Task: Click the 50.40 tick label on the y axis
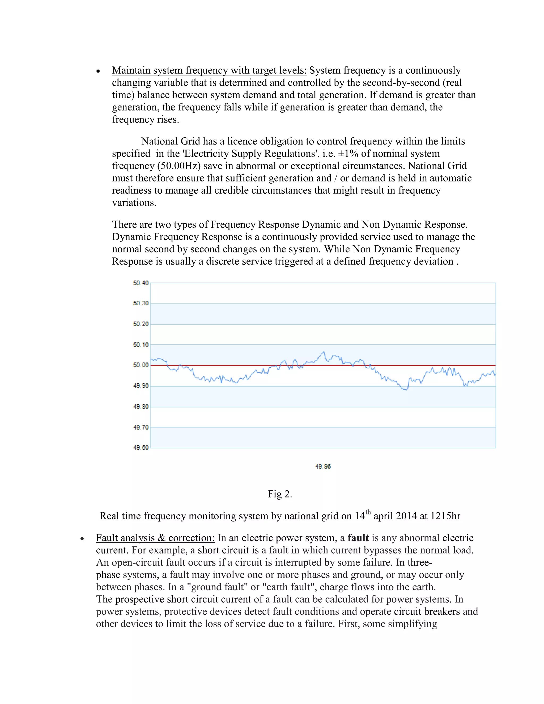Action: click(141, 283)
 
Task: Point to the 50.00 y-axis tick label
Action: click(141, 365)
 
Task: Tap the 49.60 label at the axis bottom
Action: click(141, 447)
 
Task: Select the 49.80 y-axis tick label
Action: click(141, 406)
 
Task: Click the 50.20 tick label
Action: click(141, 324)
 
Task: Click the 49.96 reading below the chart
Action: click(323, 466)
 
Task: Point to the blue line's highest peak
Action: click(324, 352)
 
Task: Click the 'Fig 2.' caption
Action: click(280, 494)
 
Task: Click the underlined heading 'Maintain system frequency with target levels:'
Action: click(209, 70)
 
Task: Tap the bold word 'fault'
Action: click(358, 538)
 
